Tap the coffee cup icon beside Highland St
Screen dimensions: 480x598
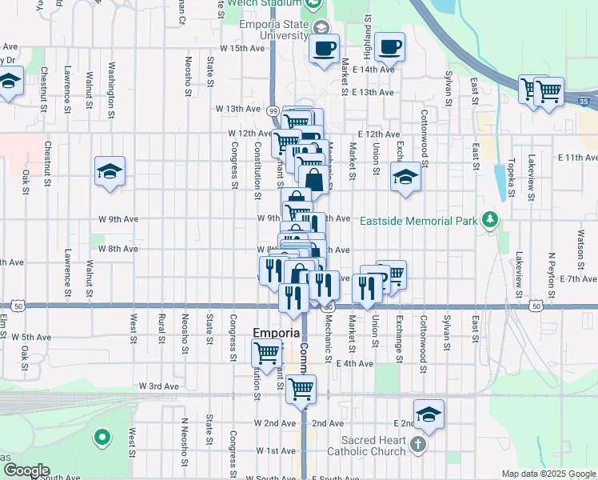(x=389, y=47)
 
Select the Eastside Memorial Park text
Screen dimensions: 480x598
(x=416, y=221)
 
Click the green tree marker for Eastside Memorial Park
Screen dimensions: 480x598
(x=488, y=220)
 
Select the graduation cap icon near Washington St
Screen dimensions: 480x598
(x=110, y=171)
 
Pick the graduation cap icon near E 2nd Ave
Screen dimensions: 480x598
(x=429, y=414)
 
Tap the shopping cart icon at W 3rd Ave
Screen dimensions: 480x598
(x=301, y=390)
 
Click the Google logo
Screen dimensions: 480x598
(x=26, y=470)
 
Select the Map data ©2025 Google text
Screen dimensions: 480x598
(x=548, y=474)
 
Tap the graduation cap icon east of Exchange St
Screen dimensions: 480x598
(x=405, y=177)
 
